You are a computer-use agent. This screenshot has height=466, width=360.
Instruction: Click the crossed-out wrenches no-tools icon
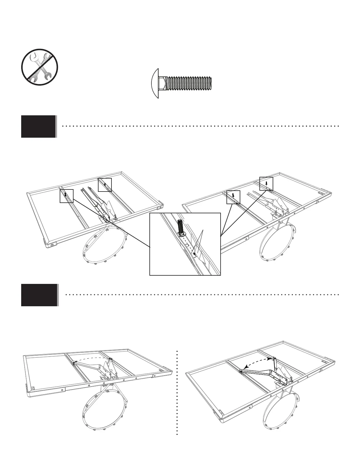click(40, 67)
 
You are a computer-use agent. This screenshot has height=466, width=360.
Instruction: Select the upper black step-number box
click(38, 127)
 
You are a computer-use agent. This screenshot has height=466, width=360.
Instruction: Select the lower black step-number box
click(39, 295)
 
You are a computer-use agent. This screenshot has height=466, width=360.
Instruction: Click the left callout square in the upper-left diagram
click(66, 196)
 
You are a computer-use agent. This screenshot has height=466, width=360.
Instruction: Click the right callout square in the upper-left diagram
click(105, 185)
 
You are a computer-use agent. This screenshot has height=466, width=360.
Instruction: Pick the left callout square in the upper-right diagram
click(233, 197)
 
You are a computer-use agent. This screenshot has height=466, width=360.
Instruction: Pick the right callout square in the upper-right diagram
click(266, 184)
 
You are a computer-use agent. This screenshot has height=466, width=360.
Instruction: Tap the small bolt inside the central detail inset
click(181, 227)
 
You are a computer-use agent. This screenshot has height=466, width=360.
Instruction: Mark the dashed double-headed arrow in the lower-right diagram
click(257, 361)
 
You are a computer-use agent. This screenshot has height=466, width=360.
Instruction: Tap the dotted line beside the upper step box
click(200, 126)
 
